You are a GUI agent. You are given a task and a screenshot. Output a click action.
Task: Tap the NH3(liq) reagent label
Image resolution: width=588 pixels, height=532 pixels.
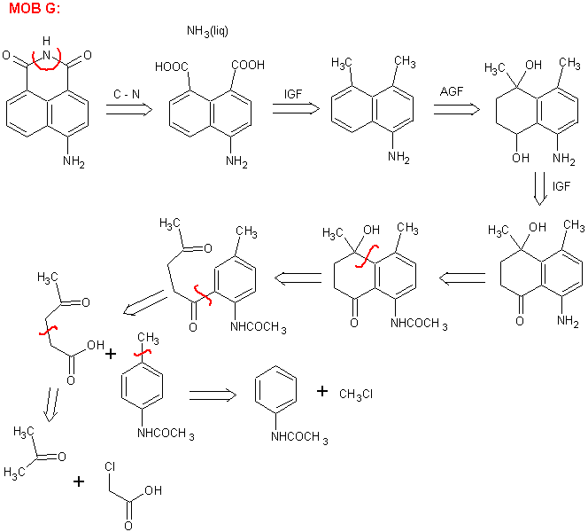210,32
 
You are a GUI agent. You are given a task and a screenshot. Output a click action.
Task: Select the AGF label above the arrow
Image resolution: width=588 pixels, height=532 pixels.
454,90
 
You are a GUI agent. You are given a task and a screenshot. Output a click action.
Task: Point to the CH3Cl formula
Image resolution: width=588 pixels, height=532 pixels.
356,394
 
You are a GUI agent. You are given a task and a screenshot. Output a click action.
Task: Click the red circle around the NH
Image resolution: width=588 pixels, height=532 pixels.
46,58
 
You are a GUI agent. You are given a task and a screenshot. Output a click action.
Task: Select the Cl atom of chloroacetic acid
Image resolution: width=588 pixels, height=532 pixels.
110,465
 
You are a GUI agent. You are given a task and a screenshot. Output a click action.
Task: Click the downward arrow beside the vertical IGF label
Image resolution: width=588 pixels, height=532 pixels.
538,188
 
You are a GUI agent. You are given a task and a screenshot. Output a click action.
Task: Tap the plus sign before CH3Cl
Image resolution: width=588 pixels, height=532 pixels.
322,391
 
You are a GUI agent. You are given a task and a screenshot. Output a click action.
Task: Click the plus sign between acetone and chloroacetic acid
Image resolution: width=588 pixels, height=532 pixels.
79,481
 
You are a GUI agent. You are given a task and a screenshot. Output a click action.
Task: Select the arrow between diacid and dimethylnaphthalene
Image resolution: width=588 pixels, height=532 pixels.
295,107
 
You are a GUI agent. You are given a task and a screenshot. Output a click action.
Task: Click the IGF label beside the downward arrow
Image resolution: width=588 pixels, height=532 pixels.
561,186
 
